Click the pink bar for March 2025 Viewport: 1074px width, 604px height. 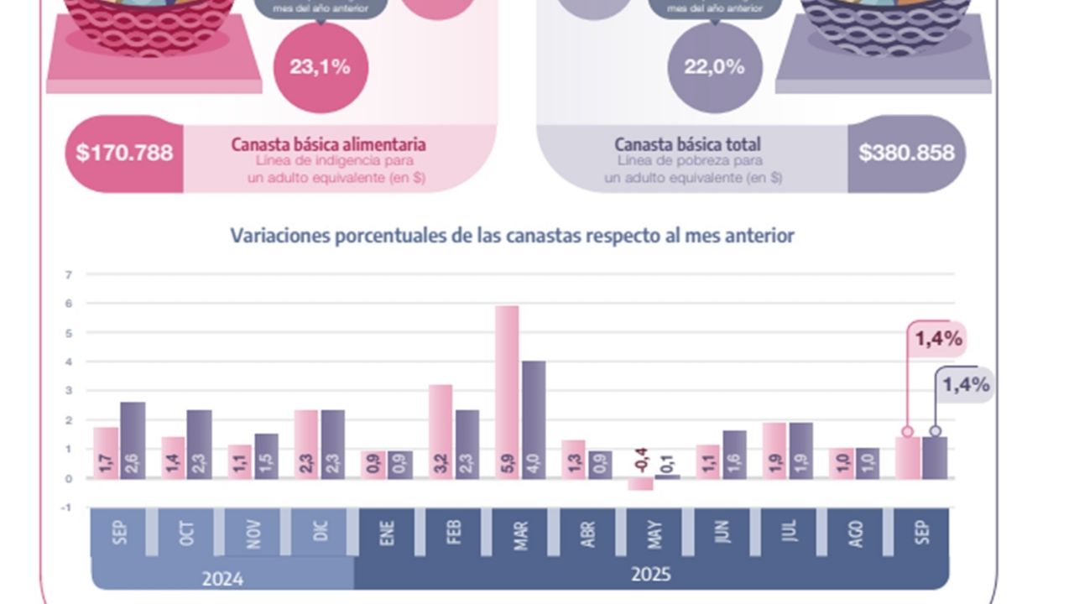coord(507,392)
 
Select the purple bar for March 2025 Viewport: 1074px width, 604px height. coord(534,419)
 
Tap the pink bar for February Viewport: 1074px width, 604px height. coord(441,431)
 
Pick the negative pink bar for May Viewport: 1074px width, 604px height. coord(640,484)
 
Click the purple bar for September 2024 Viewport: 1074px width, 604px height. coord(133,440)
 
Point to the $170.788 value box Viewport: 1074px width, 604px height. coord(124,153)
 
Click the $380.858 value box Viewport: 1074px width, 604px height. coord(906,153)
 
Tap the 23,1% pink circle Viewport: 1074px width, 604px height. coord(320,67)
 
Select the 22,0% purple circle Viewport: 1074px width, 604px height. coord(714,67)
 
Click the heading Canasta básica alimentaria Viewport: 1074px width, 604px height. coord(329,144)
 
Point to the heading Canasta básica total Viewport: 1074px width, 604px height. coord(687,144)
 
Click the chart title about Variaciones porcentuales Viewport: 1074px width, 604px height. coord(512,236)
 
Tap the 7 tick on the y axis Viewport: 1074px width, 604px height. coord(68,274)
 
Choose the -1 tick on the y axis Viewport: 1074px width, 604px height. coord(66,508)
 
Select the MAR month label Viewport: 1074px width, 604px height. coord(521,534)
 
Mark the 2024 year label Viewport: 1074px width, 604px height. coord(222,578)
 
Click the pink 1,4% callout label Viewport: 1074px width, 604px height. coord(939,340)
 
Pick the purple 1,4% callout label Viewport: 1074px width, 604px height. coord(966,386)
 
